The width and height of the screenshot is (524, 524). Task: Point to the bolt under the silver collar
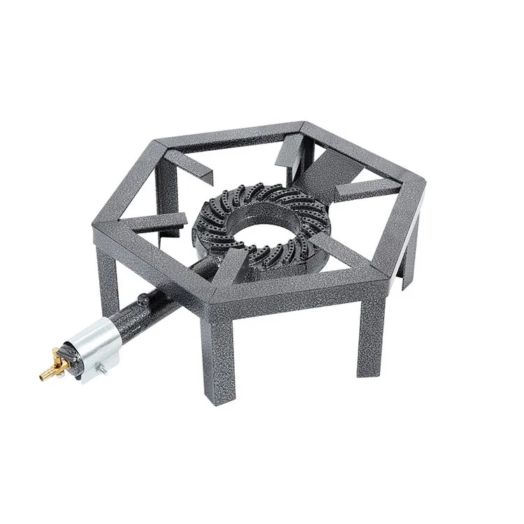(x=100, y=370)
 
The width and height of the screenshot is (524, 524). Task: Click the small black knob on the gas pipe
(x=143, y=301)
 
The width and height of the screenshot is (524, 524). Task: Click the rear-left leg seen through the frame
(x=167, y=189)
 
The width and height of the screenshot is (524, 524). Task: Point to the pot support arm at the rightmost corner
(x=367, y=189)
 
